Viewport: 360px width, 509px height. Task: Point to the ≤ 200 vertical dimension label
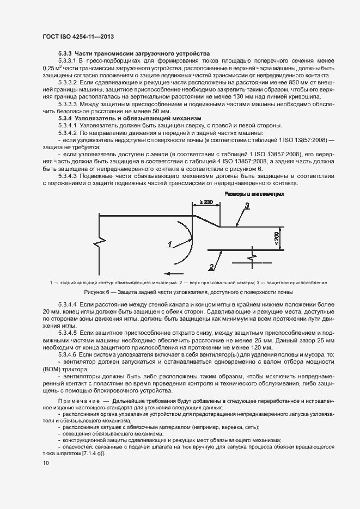(277, 237)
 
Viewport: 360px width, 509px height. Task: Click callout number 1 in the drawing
(170, 244)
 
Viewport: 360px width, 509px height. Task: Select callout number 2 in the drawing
(211, 266)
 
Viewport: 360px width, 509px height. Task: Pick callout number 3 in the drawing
(246, 205)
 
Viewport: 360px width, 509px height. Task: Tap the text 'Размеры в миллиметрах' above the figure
(254, 194)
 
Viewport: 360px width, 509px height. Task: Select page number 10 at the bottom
(45, 463)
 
